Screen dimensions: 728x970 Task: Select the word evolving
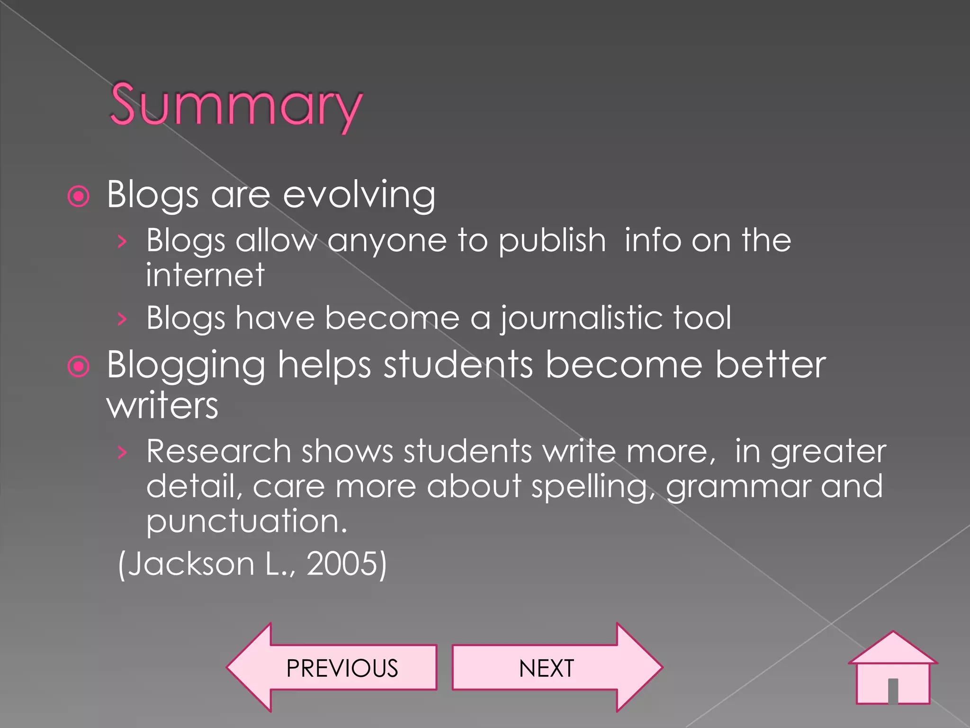[x=359, y=194]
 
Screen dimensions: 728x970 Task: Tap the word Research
[x=218, y=451]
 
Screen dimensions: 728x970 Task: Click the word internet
[x=205, y=275]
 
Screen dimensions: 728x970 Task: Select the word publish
[x=552, y=241]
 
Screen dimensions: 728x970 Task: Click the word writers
[x=162, y=406]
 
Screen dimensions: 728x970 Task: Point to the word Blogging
[x=186, y=366]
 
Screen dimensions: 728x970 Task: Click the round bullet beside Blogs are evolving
[x=79, y=196]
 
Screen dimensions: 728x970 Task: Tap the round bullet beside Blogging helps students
[x=79, y=366]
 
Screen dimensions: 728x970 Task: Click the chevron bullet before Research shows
[x=122, y=453]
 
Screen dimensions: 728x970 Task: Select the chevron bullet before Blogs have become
[x=122, y=319]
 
